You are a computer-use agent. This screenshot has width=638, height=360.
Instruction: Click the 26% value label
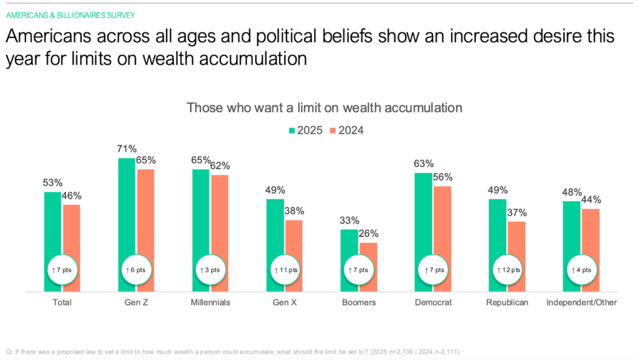click(368, 234)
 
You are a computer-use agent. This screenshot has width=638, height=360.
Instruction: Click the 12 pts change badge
click(508, 270)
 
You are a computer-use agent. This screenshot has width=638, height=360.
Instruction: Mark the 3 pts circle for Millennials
click(211, 270)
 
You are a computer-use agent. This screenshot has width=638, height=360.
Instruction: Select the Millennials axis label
click(211, 303)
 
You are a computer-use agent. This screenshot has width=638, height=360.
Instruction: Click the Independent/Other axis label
click(581, 303)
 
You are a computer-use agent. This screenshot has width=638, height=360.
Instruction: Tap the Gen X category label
click(284, 303)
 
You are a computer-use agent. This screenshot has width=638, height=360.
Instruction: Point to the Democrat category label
click(432, 303)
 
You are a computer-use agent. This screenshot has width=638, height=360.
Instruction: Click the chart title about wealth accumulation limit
click(325, 108)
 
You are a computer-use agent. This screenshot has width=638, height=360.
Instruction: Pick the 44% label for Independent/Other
click(590, 200)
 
